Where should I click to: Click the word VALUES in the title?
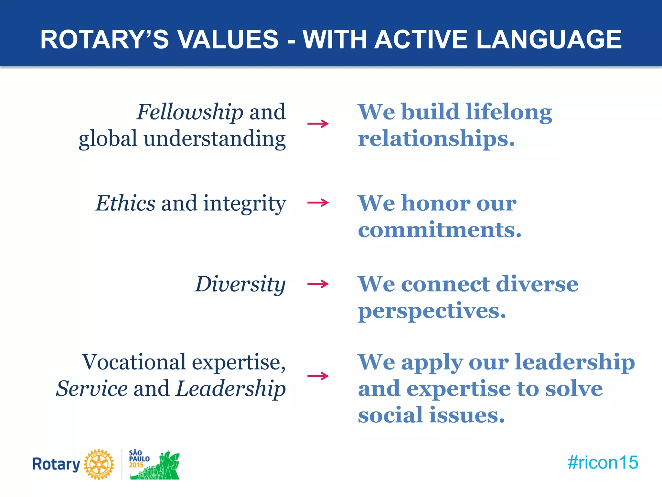point(228,39)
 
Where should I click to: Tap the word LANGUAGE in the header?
point(549,39)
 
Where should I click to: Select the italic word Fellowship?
point(190,112)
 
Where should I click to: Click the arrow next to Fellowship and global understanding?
point(318,124)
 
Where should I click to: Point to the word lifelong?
point(509,112)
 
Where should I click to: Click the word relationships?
point(436,139)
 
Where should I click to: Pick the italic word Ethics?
point(125,204)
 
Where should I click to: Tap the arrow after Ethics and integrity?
point(318,203)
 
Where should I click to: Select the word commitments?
point(439,230)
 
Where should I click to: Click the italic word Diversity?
point(240,284)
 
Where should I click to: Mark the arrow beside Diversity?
point(318,284)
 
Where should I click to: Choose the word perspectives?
point(432,311)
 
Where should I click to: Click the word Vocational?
point(134,362)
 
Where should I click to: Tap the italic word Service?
point(92,389)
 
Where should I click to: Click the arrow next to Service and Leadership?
point(318,376)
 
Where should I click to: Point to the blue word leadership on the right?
point(574,362)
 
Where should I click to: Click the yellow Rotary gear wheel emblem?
point(99,464)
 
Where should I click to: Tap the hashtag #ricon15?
point(603,462)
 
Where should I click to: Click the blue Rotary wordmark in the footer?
point(56,464)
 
